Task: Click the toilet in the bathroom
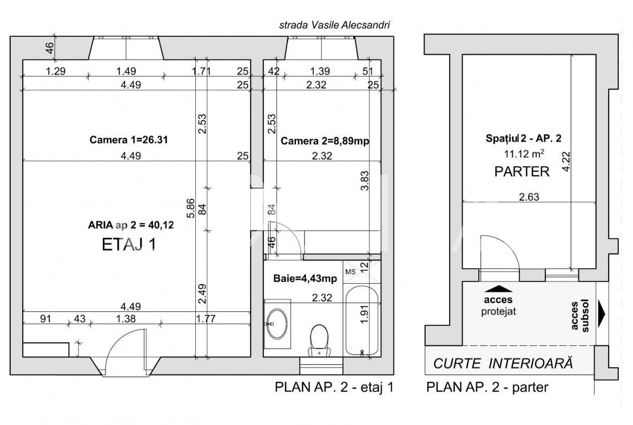click(x=319, y=341)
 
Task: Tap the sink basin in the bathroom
click(x=277, y=324)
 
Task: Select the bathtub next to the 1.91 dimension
click(x=362, y=322)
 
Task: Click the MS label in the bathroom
click(x=351, y=272)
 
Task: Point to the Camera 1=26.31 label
click(x=129, y=140)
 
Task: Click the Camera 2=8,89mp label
click(x=325, y=141)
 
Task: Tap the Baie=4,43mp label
click(x=305, y=278)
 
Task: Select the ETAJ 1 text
click(x=129, y=244)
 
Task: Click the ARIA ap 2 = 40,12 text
click(x=131, y=225)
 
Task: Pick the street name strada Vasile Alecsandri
click(x=335, y=25)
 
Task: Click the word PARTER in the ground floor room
click(x=522, y=172)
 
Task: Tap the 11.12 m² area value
click(x=524, y=154)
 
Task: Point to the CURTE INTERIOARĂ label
click(x=503, y=364)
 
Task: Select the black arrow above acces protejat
click(x=498, y=289)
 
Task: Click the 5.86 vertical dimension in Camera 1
click(x=191, y=208)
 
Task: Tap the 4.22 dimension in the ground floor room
click(x=566, y=161)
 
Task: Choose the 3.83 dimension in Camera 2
click(x=365, y=181)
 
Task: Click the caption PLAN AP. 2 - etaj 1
click(x=334, y=387)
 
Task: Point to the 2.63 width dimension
click(x=529, y=197)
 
